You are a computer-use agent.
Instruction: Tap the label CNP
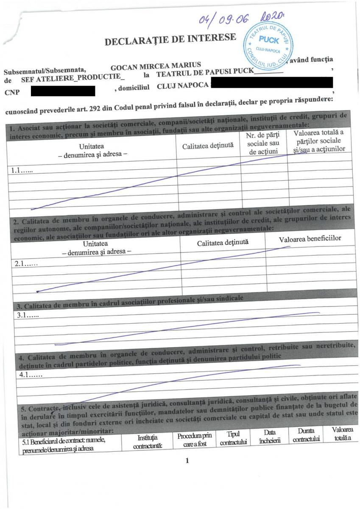(11, 92)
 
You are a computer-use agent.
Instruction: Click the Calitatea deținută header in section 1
(208, 146)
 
